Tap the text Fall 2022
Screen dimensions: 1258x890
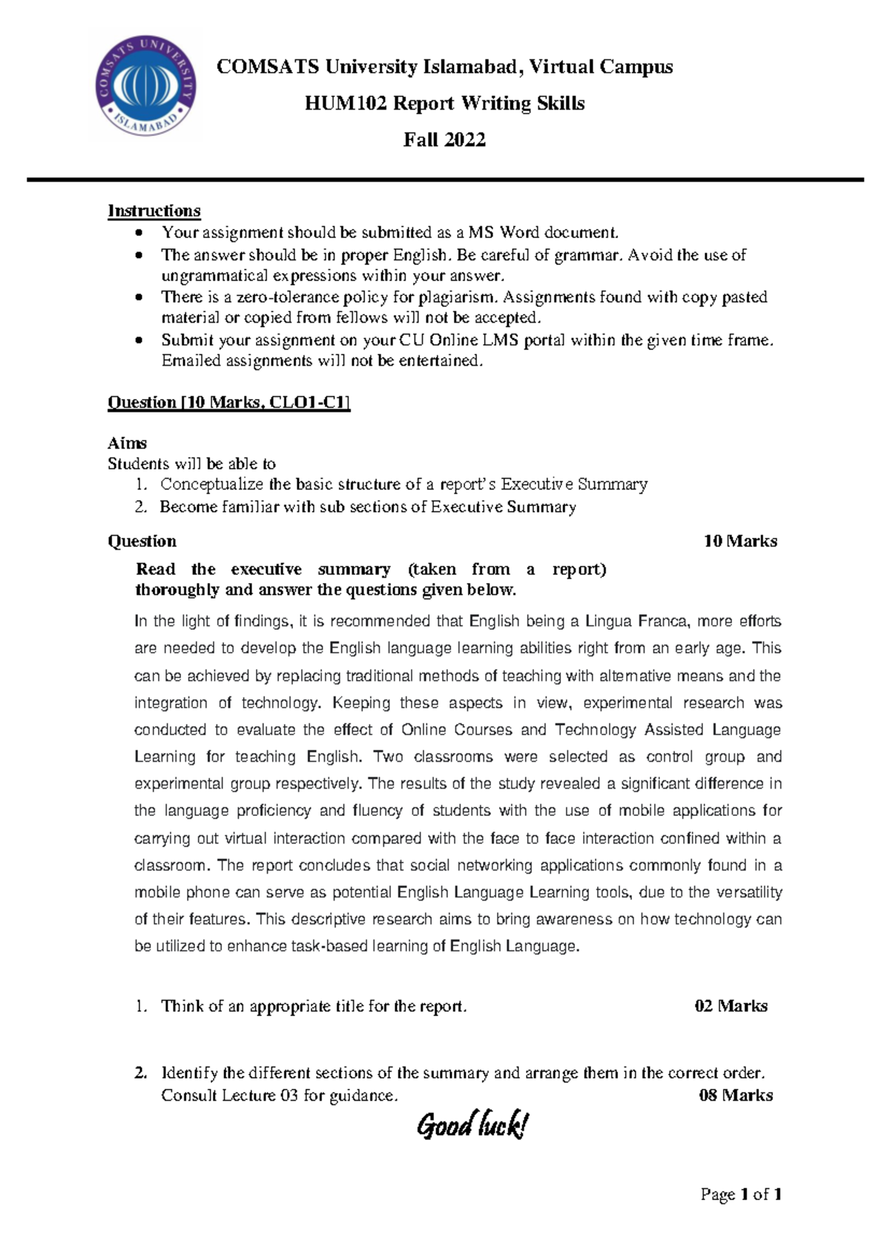pyautogui.click(x=444, y=139)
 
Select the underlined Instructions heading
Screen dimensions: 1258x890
pyautogui.click(x=154, y=211)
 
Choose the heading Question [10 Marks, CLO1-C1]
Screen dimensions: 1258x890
pyautogui.click(x=228, y=403)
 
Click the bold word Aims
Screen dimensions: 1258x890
pyautogui.click(x=127, y=444)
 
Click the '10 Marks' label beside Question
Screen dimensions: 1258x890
pyautogui.click(x=739, y=541)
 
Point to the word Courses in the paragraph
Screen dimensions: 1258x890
pyautogui.click(x=483, y=730)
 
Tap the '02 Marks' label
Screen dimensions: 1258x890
pyautogui.click(x=731, y=1007)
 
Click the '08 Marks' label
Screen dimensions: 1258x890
pyautogui.click(x=735, y=1096)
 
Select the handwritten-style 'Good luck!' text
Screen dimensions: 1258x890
pyautogui.click(x=472, y=1126)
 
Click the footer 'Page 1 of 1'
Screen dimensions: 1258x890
pyautogui.click(x=741, y=1194)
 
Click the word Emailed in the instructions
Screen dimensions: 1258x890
pyautogui.click(x=191, y=361)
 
